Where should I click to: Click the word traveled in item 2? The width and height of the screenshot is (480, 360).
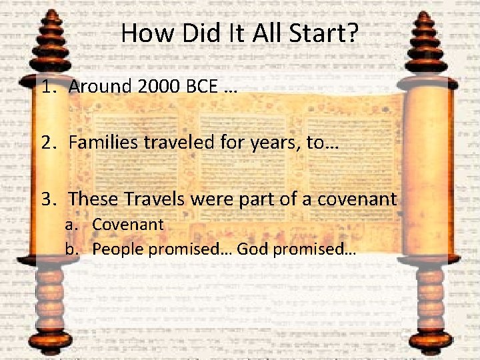pyautogui.click(x=173, y=143)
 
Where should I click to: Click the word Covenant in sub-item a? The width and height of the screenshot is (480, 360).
pyautogui.click(x=127, y=224)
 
